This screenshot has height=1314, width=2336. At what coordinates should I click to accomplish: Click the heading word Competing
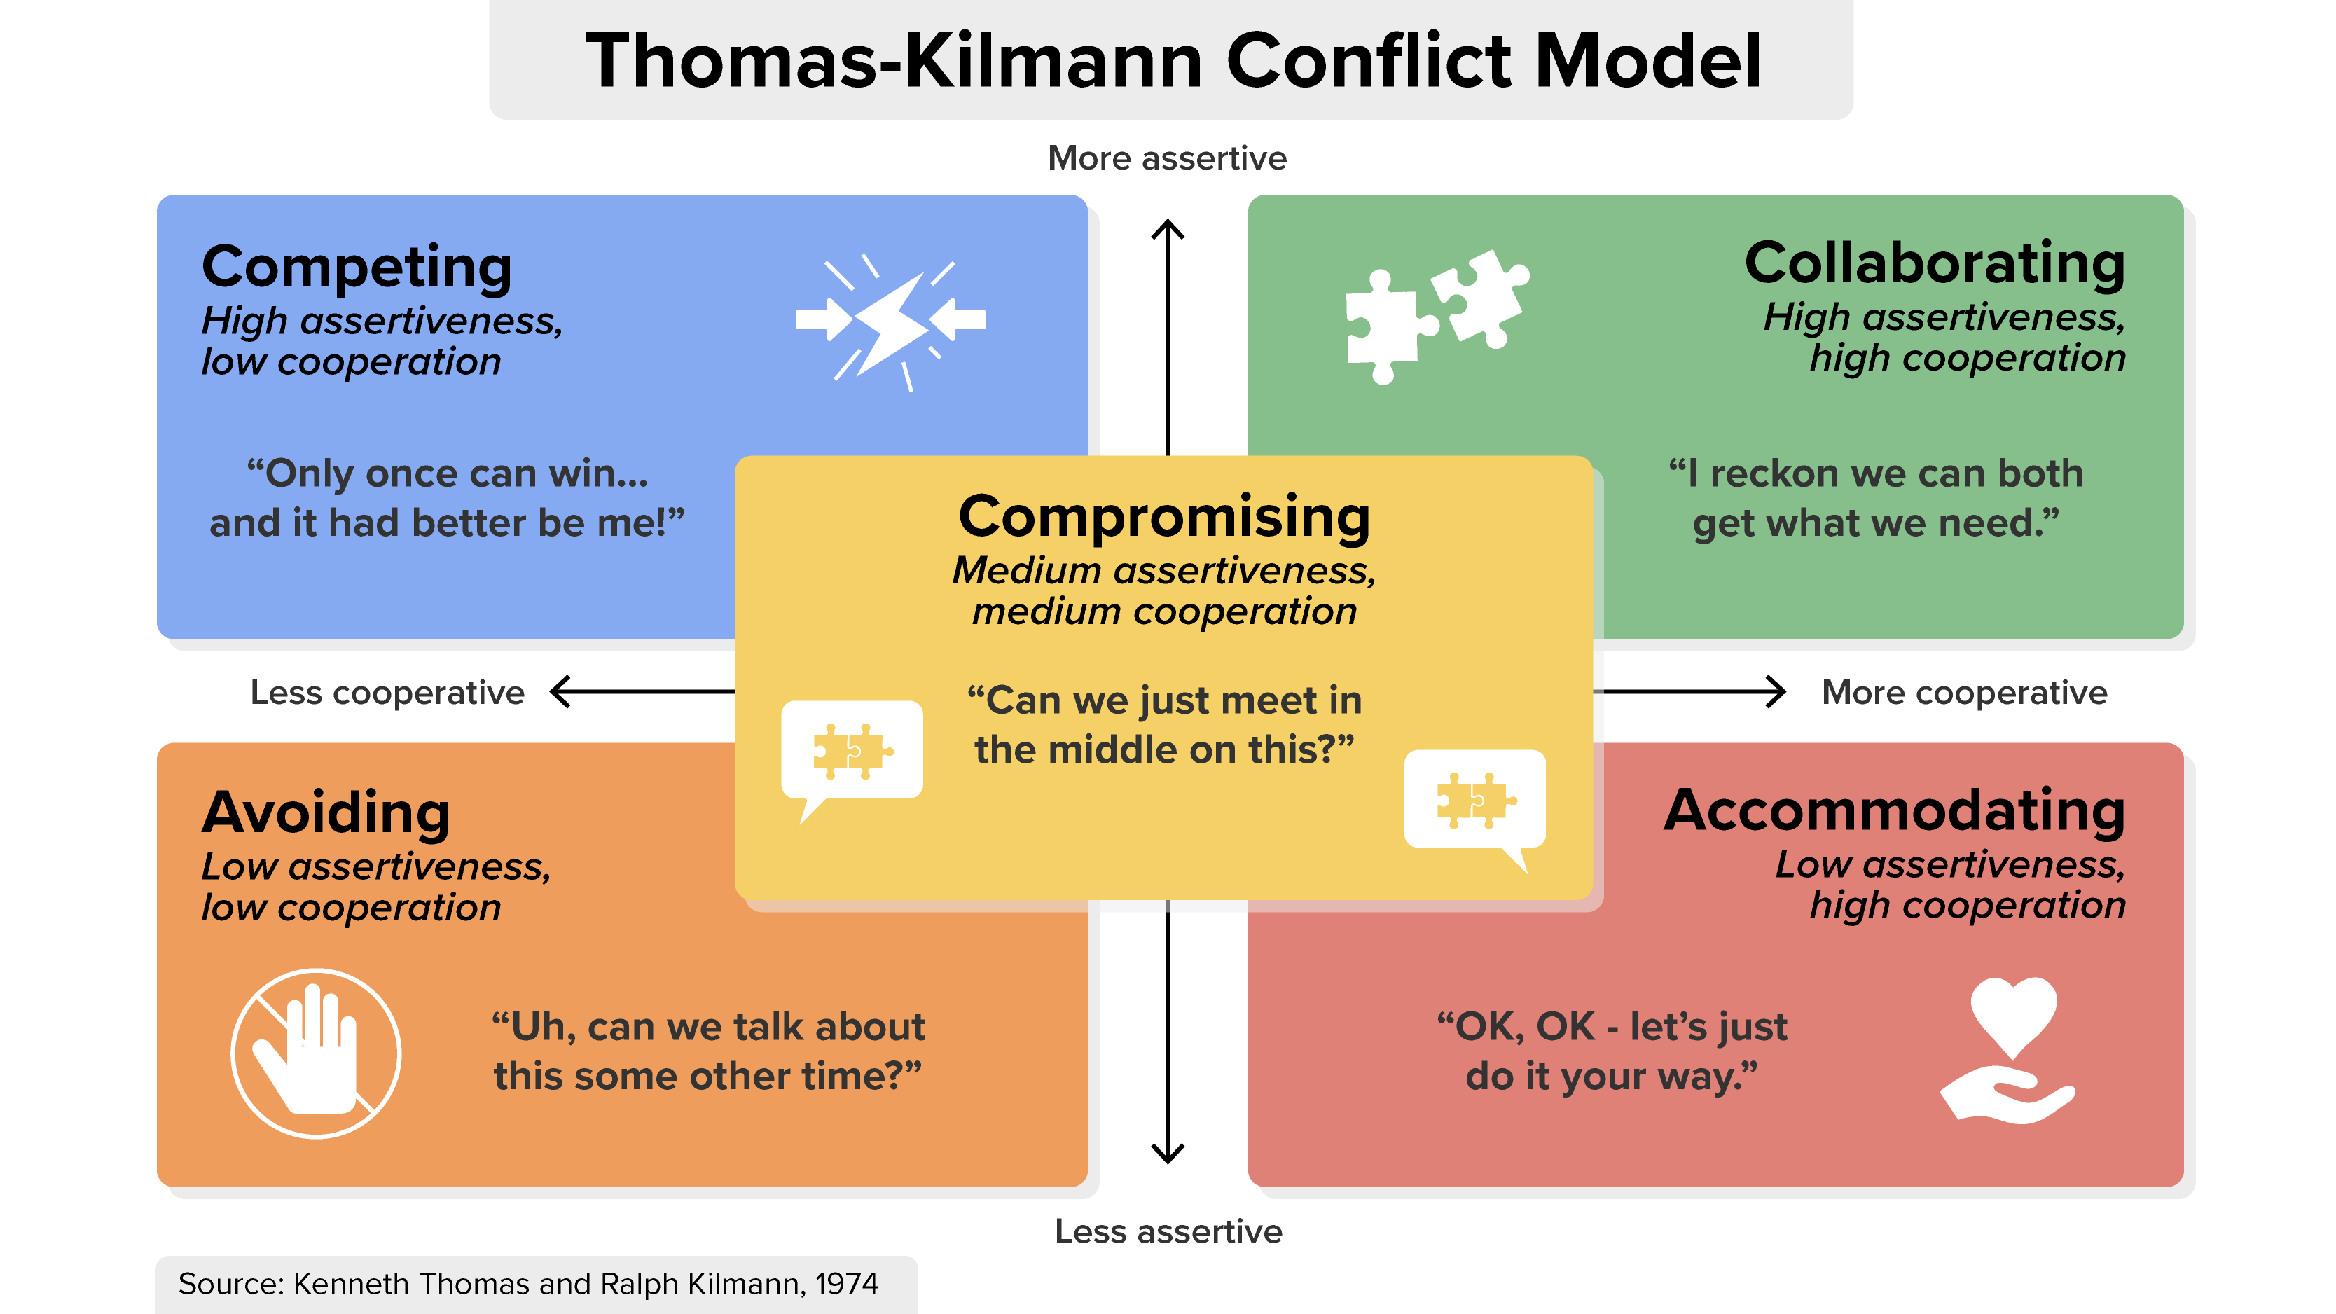point(357,268)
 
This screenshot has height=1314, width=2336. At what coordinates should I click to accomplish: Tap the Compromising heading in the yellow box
point(1164,518)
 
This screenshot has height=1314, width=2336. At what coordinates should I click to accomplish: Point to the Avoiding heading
point(326,812)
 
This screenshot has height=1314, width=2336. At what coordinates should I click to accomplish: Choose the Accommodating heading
point(1895,810)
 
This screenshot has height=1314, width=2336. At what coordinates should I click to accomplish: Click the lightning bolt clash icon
point(890,322)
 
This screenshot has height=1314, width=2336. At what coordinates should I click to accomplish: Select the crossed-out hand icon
point(316,1053)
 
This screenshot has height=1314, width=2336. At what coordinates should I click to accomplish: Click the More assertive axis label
point(1167,158)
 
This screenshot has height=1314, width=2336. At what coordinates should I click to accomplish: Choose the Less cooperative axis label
point(387,693)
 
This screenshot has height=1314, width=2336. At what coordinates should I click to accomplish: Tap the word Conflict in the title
point(1369,61)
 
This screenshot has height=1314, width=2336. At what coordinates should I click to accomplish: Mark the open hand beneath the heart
point(2007,1095)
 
